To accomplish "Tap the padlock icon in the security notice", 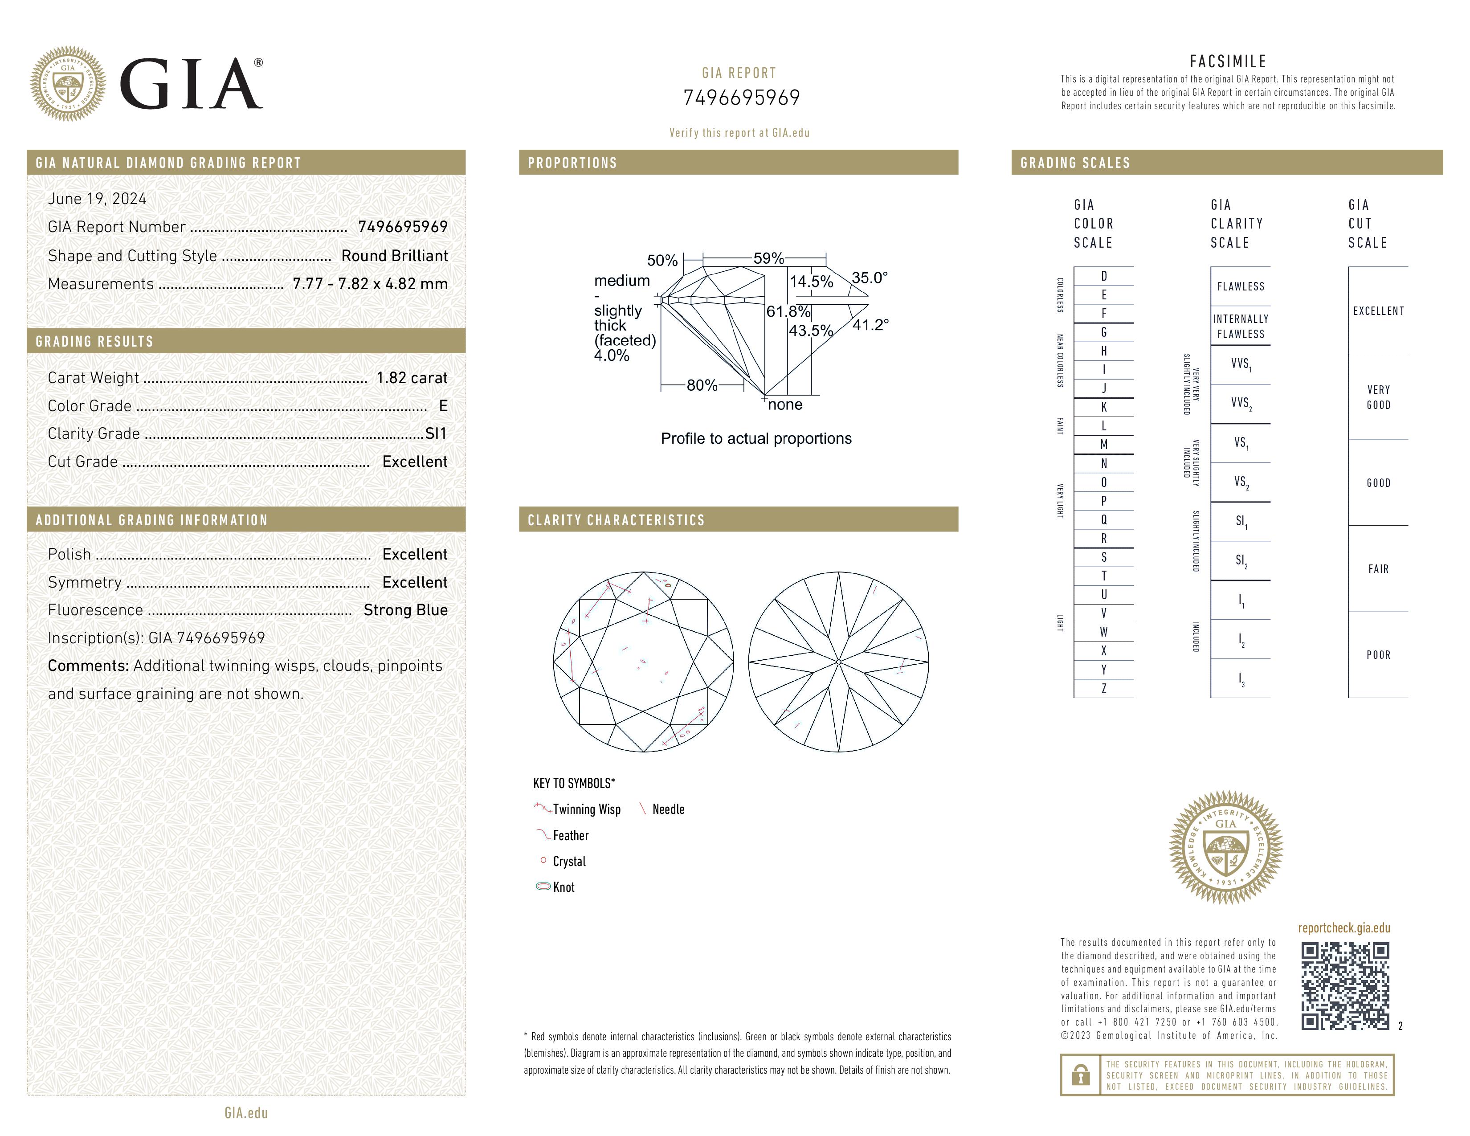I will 1080,1075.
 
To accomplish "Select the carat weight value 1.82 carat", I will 411,377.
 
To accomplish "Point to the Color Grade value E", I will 443,406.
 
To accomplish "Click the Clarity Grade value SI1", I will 436,433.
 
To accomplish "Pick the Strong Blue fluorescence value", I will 405,610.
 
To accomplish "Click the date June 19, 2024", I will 97,199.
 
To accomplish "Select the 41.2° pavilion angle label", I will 870,325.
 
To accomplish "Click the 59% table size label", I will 768,258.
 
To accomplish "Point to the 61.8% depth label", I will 788,311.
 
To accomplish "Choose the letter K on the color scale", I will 1104,407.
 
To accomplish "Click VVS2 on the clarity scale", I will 1241,403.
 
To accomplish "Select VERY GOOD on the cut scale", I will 1378,397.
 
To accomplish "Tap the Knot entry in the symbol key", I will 563,887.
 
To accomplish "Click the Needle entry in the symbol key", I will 668,809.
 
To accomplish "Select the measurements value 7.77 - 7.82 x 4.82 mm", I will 370,284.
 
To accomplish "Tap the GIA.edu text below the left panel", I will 246,1112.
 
